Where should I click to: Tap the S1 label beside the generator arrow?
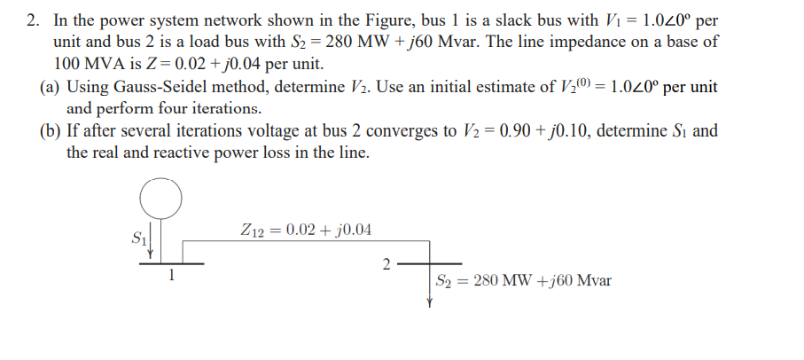click(x=137, y=238)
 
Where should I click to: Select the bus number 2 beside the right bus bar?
click(x=385, y=264)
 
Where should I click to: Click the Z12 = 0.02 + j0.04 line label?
click(x=306, y=231)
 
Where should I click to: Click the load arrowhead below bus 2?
click(x=430, y=301)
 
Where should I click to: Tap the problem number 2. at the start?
click(x=33, y=19)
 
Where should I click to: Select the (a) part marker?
click(x=51, y=87)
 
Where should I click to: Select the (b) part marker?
click(x=51, y=131)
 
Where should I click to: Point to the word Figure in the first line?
click(x=338, y=19)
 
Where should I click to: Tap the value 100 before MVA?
click(x=68, y=64)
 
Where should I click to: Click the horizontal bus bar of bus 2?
click(x=430, y=263)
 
